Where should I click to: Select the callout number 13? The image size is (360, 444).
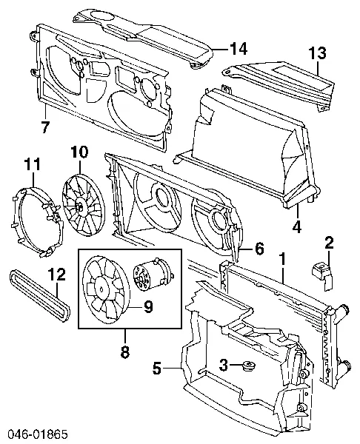(x=317, y=53)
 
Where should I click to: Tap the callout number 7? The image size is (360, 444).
(x=45, y=127)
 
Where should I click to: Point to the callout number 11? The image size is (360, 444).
(x=31, y=164)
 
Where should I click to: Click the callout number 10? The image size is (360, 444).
(x=79, y=153)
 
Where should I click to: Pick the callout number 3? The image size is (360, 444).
(x=221, y=364)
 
